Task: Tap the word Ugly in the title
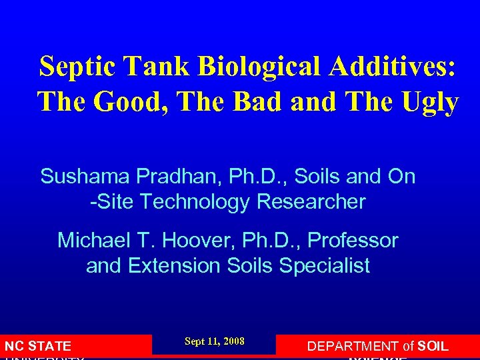[431, 103]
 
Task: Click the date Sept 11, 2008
[215, 342]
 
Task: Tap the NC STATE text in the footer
[37, 346]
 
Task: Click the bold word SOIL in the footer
[431, 346]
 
